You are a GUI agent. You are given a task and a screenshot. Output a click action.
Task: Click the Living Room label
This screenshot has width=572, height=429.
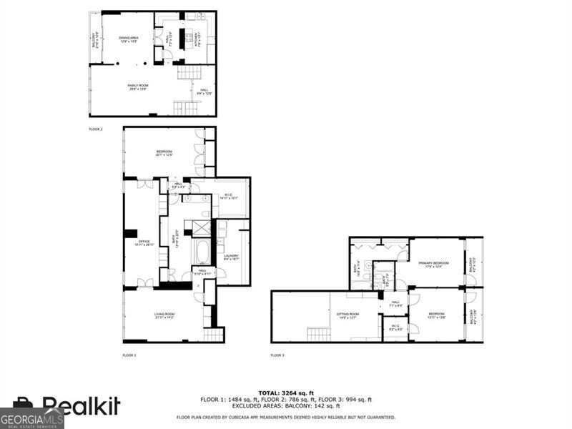[x=164, y=315]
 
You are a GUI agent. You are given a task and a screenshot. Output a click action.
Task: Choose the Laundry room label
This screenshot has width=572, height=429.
[x=231, y=257]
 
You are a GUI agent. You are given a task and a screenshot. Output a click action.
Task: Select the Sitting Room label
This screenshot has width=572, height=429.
[x=348, y=315]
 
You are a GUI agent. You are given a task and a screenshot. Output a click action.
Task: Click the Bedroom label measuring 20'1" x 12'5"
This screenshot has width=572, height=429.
[x=164, y=153]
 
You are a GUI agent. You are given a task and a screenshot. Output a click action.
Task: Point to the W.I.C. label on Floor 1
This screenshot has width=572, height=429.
[x=229, y=196]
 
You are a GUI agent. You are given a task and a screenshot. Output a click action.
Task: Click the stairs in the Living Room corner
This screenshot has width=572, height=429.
[x=214, y=334]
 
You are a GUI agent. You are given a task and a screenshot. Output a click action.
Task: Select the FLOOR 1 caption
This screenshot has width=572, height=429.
[x=129, y=355]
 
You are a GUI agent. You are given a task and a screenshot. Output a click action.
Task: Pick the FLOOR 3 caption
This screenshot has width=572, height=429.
[x=277, y=355]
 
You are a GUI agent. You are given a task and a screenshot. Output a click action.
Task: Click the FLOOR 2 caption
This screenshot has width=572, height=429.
[x=96, y=129]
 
